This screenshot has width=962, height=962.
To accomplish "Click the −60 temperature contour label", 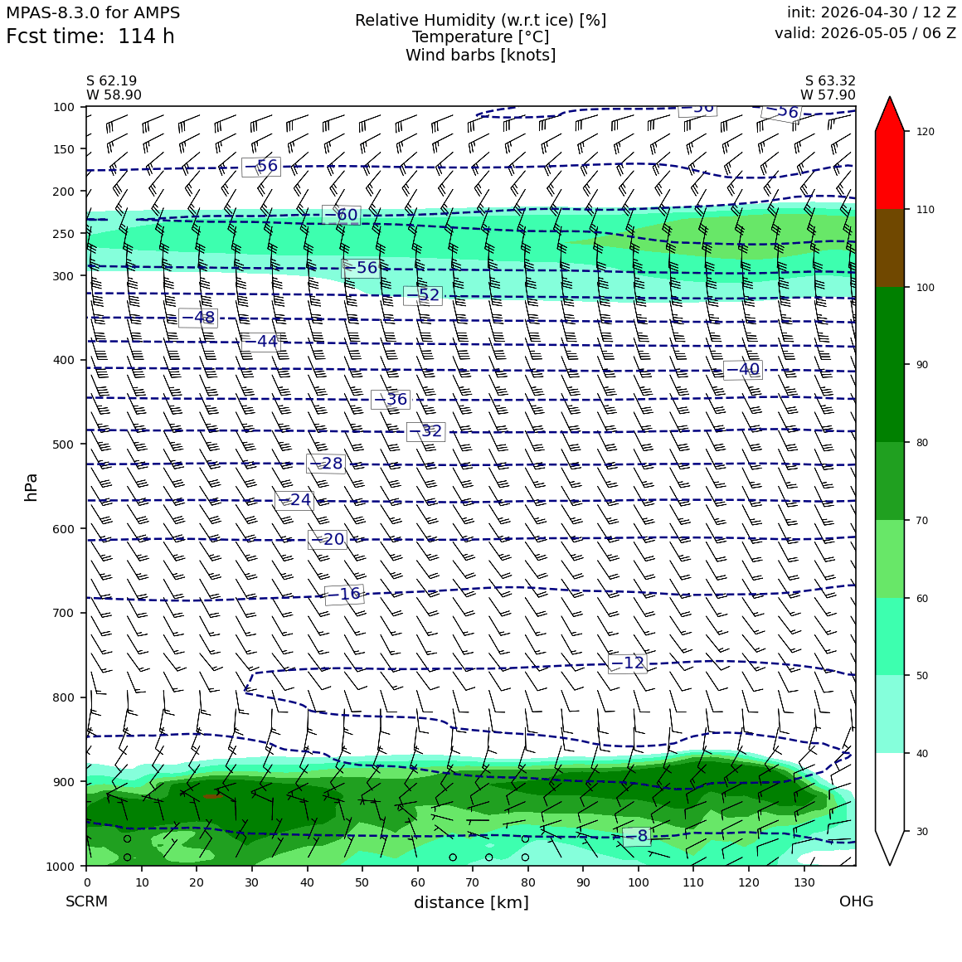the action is [341, 215].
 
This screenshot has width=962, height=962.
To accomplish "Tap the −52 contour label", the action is [423, 295].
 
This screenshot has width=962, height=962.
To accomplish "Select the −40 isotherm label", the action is [743, 369].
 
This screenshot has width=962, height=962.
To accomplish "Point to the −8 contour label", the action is [636, 836].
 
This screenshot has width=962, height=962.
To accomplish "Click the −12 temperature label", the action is [628, 663].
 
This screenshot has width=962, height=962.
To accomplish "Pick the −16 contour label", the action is [344, 594].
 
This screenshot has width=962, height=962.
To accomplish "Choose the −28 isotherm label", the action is [326, 464].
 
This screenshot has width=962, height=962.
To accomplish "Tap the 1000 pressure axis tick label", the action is [60, 866].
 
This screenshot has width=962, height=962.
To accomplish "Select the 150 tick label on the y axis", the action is [64, 149].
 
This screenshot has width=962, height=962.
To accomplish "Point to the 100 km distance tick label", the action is [638, 882].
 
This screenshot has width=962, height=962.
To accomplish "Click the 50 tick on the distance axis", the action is [362, 882].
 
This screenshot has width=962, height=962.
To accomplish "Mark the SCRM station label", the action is [86, 901].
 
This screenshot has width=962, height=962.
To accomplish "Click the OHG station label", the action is [856, 901].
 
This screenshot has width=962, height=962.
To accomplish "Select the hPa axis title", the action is [31, 487].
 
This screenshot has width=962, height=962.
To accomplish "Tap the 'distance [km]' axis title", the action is [471, 902].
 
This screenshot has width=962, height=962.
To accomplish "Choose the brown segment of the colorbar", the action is [890, 248].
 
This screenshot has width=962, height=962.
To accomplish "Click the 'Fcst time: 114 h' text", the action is [90, 36].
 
